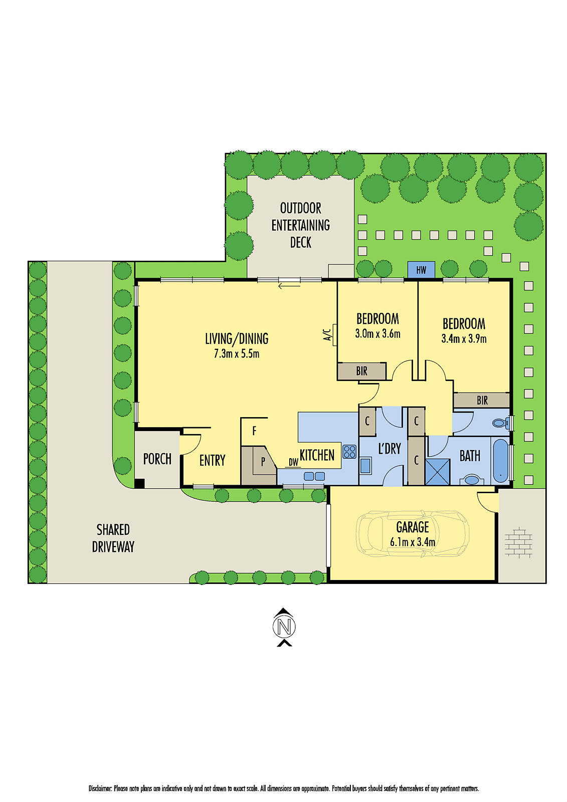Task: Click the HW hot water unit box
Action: [421, 270]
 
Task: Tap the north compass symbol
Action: [284, 627]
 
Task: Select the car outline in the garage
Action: [412, 533]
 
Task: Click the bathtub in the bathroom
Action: [500, 460]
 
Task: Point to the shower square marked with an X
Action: [438, 471]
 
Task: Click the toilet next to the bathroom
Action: [499, 423]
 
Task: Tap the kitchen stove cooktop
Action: [349, 451]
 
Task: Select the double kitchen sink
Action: [314, 476]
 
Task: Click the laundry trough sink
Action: [365, 466]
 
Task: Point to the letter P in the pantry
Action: [263, 462]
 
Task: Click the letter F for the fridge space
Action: [254, 431]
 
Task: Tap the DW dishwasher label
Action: [293, 462]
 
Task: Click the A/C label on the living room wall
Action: [327, 335]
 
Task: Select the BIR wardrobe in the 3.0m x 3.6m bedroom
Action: [361, 371]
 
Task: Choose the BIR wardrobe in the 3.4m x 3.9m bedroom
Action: [482, 400]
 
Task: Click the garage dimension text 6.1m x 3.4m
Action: [412, 542]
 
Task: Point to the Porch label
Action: [157, 459]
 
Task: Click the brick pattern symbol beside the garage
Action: [518, 543]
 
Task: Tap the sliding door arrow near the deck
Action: [289, 286]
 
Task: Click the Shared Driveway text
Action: [113, 538]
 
